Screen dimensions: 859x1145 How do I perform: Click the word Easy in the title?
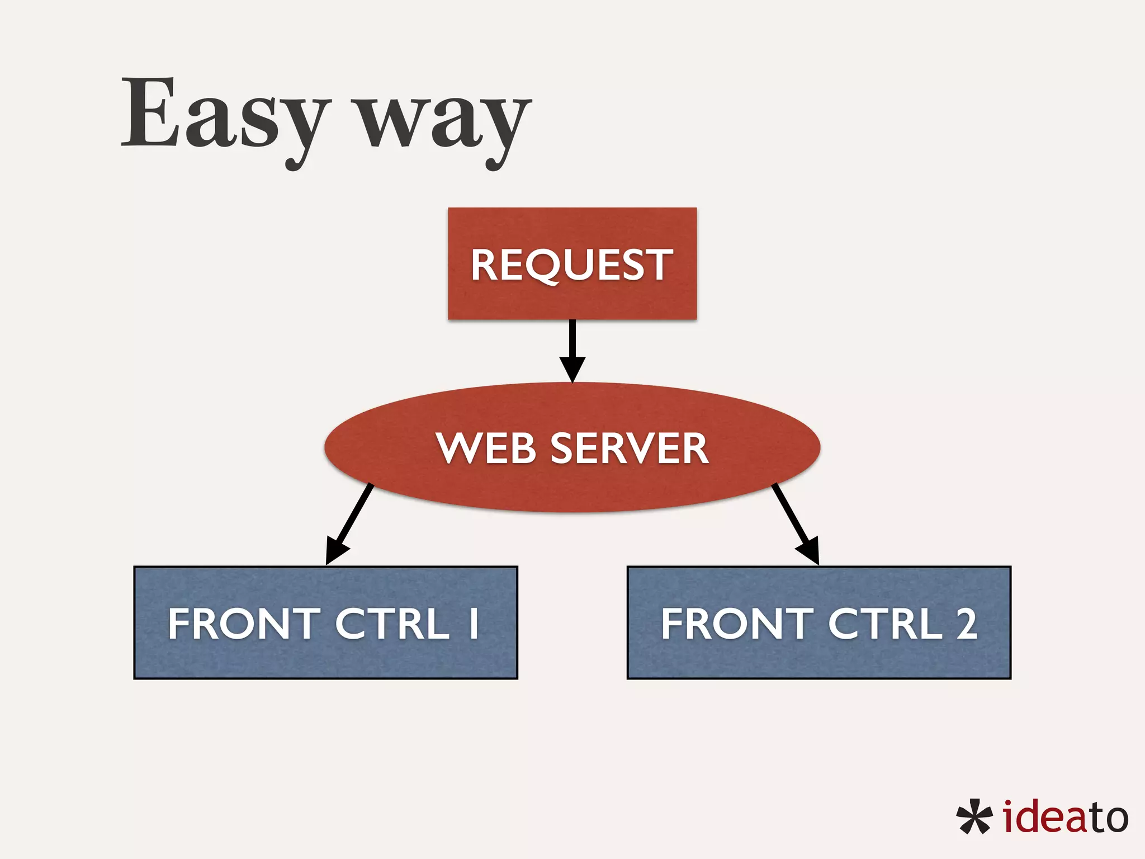224,115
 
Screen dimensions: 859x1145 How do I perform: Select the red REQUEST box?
572,263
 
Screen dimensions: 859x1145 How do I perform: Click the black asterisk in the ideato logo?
974,817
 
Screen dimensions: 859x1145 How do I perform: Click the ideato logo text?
1065,817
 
